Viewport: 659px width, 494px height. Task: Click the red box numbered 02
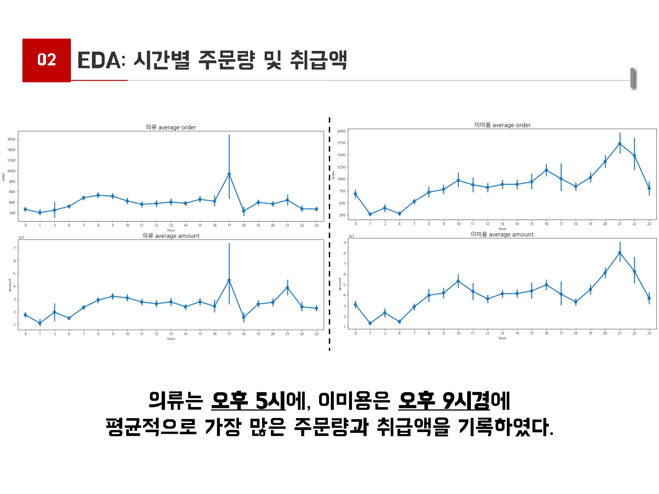[46, 60]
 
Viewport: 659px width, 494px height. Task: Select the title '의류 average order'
[171, 127]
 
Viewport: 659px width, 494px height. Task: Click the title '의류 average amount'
[171, 236]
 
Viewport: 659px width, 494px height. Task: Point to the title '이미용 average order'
[502, 125]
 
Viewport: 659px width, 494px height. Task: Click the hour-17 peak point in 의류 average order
[229, 174]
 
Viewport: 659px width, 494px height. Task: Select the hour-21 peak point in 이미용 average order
[620, 144]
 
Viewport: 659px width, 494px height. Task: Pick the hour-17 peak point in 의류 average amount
[229, 280]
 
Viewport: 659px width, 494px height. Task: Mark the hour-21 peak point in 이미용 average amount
[620, 253]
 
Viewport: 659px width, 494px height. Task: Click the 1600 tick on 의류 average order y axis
[12, 139]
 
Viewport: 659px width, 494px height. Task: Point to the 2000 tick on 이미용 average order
[341, 131]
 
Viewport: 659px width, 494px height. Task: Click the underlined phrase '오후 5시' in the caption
[248, 401]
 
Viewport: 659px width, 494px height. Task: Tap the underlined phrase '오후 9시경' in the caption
[444, 401]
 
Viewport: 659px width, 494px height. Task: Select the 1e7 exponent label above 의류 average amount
[21, 237]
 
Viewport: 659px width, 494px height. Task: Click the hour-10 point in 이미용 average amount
[458, 281]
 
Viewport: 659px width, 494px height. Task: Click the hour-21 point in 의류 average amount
[287, 288]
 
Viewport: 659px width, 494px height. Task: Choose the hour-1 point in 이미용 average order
[370, 214]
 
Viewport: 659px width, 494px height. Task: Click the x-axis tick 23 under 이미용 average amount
[649, 333]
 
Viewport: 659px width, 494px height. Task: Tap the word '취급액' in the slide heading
[318, 61]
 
